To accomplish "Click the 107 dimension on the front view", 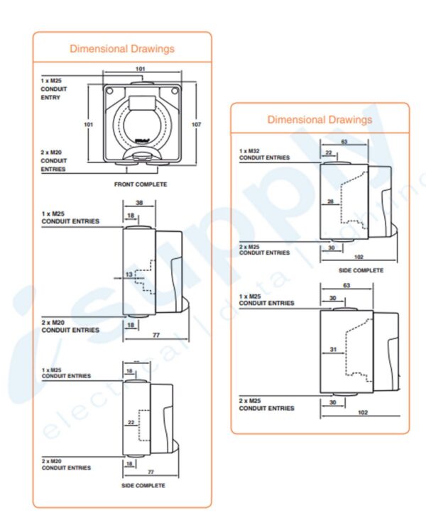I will click(197, 123).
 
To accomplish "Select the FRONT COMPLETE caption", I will click(141, 184).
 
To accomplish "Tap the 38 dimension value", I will click(140, 202).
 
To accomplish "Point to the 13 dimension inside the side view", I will click(129, 274).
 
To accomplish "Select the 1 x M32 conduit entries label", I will click(264, 154).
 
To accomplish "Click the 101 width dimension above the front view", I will click(140, 69).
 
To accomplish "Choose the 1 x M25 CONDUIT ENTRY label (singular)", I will click(52, 89).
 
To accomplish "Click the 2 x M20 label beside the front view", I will click(54, 160).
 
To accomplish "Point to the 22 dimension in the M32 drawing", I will click(329, 153).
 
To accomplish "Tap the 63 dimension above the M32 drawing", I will click(344, 142).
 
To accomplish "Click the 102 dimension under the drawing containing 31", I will click(362, 411).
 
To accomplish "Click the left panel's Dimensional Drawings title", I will click(121, 49).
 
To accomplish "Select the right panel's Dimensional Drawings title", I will click(319, 119).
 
